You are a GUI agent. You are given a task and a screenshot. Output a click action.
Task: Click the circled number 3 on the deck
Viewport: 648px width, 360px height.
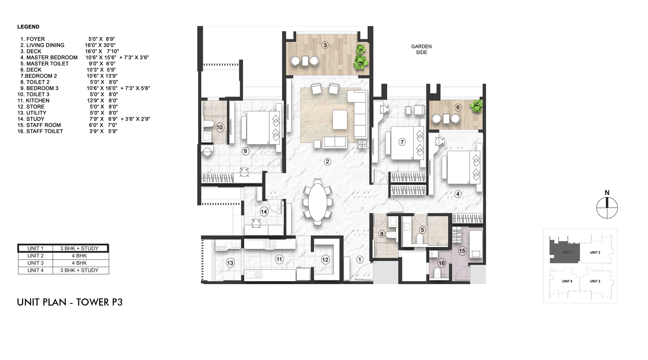click(x=325, y=45)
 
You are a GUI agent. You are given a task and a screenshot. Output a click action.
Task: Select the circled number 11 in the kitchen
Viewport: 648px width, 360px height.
click(x=279, y=259)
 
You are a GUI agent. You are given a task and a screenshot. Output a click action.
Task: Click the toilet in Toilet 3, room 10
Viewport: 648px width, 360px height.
click(x=209, y=123)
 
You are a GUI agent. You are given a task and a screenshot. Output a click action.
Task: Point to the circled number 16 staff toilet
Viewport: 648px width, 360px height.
click(x=442, y=263)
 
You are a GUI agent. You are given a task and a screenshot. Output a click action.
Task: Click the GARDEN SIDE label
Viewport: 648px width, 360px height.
click(x=421, y=49)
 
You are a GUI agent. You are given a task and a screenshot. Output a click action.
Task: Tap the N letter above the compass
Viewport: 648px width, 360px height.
click(x=607, y=192)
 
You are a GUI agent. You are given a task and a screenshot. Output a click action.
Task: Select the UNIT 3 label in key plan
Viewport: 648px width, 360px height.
click(x=595, y=281)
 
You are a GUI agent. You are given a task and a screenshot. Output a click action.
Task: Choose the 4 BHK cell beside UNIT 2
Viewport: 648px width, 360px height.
click(x=79, y=256)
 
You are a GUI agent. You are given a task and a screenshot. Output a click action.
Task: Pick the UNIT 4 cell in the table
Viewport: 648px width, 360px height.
click(x=35, y=270)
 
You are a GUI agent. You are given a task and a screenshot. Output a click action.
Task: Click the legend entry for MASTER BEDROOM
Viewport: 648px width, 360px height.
click(x=52, y=57)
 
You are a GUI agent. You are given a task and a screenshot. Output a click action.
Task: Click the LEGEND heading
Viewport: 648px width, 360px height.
click(x=28, y=27)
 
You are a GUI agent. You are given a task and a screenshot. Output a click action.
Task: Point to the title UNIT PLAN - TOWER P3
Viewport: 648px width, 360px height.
click(x=70, y=302)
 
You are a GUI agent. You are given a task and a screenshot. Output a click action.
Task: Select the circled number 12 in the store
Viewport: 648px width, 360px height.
click(x=325, y=260)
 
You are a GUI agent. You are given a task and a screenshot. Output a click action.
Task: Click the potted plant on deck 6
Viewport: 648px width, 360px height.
click(x=476, y=106)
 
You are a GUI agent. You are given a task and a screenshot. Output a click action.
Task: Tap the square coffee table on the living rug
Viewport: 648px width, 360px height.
click(x=340, y=120)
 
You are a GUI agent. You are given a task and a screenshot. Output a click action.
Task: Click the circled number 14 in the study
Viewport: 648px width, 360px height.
click(x=264, y=212)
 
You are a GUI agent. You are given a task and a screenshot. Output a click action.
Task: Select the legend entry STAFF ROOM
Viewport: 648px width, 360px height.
click(x=43, y=125)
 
